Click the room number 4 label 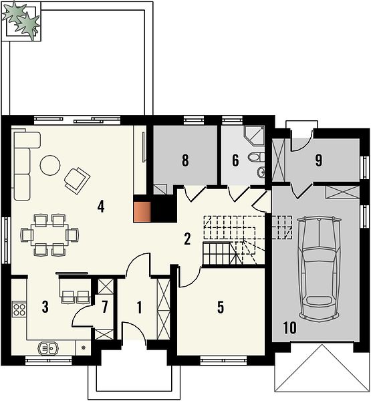[101, 207]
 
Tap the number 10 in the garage [290, 328]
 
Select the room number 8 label [185, 160]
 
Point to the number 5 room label [221, 307]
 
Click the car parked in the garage [320, 268]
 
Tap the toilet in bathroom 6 [257, 157]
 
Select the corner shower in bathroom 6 [254, 135]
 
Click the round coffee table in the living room [50, 166]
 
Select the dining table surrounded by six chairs [50, 235]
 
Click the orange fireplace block [142, 212]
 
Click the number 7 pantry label [104, 307]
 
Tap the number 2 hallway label [187, 239]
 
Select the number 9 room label [319, 160]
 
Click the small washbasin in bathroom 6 [261, 172]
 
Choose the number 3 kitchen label [45, 307]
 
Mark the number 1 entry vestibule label [139, 307]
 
